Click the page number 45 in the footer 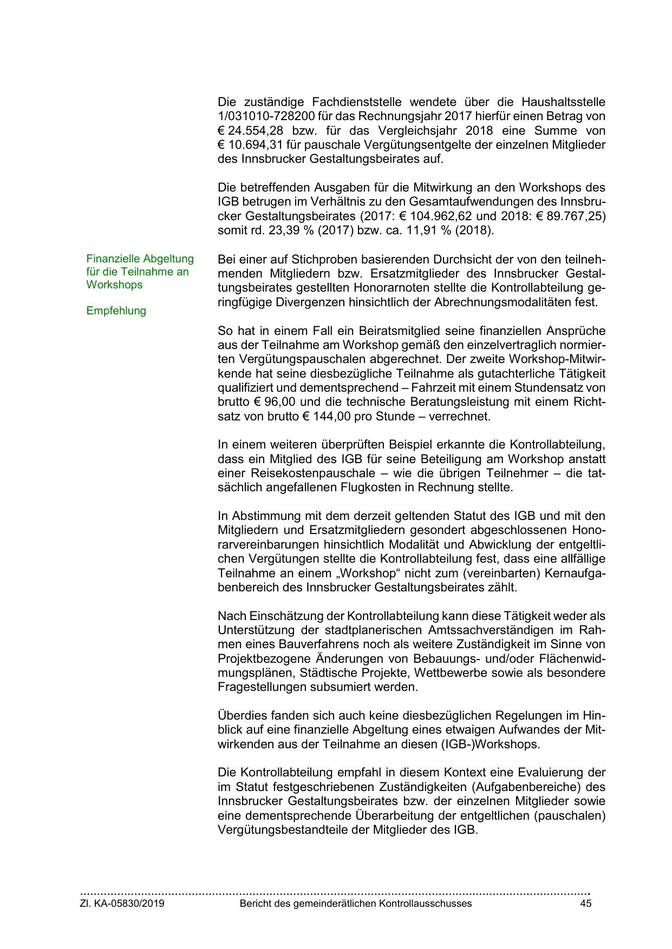point(585,904)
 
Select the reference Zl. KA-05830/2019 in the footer point(122,904)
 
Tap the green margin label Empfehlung point(116,311)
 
